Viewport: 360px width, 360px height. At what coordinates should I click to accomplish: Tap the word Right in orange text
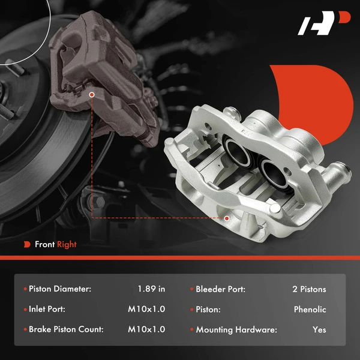click(x=67, y=245)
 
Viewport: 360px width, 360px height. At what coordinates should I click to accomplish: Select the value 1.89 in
click(x=151, y=289)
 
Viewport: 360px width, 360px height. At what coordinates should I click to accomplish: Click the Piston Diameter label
click(x=60, y=289)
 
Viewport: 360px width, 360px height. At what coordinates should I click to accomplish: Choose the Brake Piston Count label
click(x=66, y=329)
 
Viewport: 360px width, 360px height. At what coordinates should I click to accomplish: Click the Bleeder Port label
click(x=220, y=289)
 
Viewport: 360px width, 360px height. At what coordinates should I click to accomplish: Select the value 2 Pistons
click(x=309, y=289)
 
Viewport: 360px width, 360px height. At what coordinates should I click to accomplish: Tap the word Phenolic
click(x=310, y=310)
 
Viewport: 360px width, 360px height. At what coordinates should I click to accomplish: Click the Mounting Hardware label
click(x=236, y=329)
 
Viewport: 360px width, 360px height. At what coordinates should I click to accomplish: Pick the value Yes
click(x=319, y=329)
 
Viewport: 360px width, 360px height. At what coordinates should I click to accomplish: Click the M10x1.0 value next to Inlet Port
click(x=146, y=310)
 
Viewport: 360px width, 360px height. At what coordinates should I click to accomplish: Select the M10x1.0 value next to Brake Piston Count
click(x=146, y=329)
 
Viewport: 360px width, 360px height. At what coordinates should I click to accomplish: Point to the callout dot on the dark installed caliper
click(x=91, y=95)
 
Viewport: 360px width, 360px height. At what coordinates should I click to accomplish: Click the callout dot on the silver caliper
click(x=227, y=218)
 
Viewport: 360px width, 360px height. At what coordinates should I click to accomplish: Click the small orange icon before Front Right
click(x=27, y=245)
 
